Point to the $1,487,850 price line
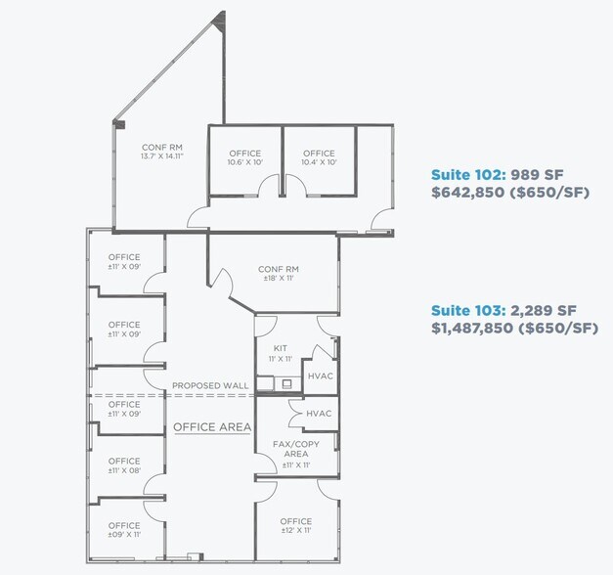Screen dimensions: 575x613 pyautogui.click(x=514, y=329)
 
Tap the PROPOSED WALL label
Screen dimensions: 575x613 pyautogui.click(x=209, y=386)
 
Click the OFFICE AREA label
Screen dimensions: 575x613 pyautogui.click(x=212, y=427)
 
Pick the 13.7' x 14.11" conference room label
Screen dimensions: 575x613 pyautogui.click(x=162, y=151)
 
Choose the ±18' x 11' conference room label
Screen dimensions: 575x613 pyautogui.click(x=278, y=273)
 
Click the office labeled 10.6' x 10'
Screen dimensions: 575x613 pyautogui.click(x=244, y=156)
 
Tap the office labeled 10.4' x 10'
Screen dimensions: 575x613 pyautogui.click(x=319, y=156)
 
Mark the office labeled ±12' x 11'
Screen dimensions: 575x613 pyautogui.click(x=295, y=525)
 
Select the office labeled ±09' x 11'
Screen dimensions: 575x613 pyautogui.click(x=124, y=530)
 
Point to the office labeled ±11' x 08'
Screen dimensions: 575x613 pyautogui.click(x=124, y=465)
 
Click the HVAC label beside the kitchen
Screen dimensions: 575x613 pyautogui.click(x=321, y=376)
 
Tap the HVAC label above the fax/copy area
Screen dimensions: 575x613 pyautogui.click(x=319, y=414)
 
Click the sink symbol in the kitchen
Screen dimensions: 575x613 pyautogui.click(x=286, y=383)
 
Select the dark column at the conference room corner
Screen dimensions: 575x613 pyautogui.click(x=118, y=124)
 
